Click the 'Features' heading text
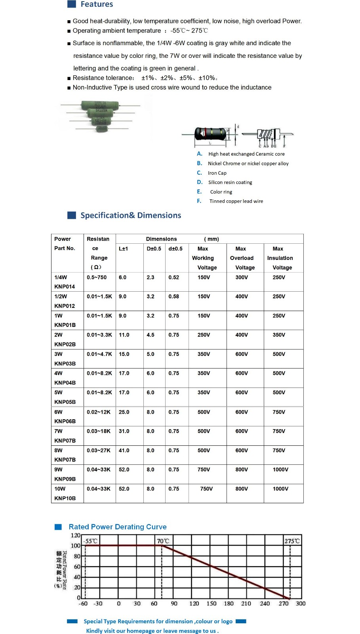(x=97, y=4)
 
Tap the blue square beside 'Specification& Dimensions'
(x=72, y=215)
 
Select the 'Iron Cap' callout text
(x=217, y=173)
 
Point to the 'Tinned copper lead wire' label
(x=236, y=201)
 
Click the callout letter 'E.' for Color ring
(x=199, y=192)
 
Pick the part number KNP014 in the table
(x=65, y=286)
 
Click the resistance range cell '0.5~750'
(x=97, y=277)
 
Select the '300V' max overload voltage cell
(x=242, y=277)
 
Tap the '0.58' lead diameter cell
(x=173, y=296)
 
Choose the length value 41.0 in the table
(x=124, y=451)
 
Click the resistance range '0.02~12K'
(x=99, y=412)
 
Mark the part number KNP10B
(x=65, y=498)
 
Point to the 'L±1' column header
(x=123, y=249)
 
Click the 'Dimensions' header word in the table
(x=161, y=239)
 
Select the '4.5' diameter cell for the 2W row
(x=150, y=335)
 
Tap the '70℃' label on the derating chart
(x=163, y=541)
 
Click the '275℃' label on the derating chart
(x=292, y=541)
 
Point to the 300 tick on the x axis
(x=301, y=603)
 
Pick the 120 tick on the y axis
(x=75, y=535)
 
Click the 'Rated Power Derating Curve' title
(x=118, y=527)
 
